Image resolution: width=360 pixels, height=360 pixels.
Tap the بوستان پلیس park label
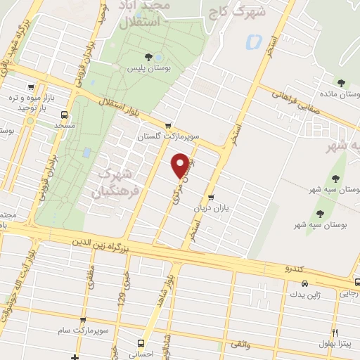(x=146, y=69)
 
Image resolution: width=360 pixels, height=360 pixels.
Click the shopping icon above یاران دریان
(x=210, y=188)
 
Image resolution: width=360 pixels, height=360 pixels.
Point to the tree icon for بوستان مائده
(x=342, y=84)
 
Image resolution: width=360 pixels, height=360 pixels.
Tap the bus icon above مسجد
(x=65, y=115)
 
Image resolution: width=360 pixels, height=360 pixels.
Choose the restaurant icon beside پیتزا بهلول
(x=335, y=333)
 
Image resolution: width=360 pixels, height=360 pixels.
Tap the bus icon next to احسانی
(x=141, y=344)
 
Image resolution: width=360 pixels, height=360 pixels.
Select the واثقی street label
(x=240, y=345)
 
